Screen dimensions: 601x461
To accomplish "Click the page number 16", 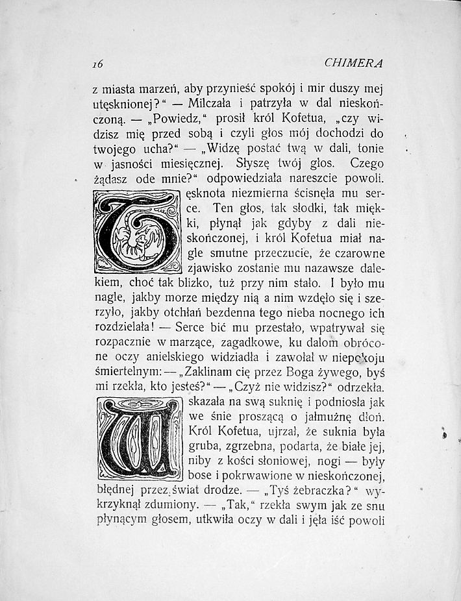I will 99,64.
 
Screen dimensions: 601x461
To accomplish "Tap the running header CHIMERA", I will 353,64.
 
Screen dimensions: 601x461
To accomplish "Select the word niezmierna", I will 256,193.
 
